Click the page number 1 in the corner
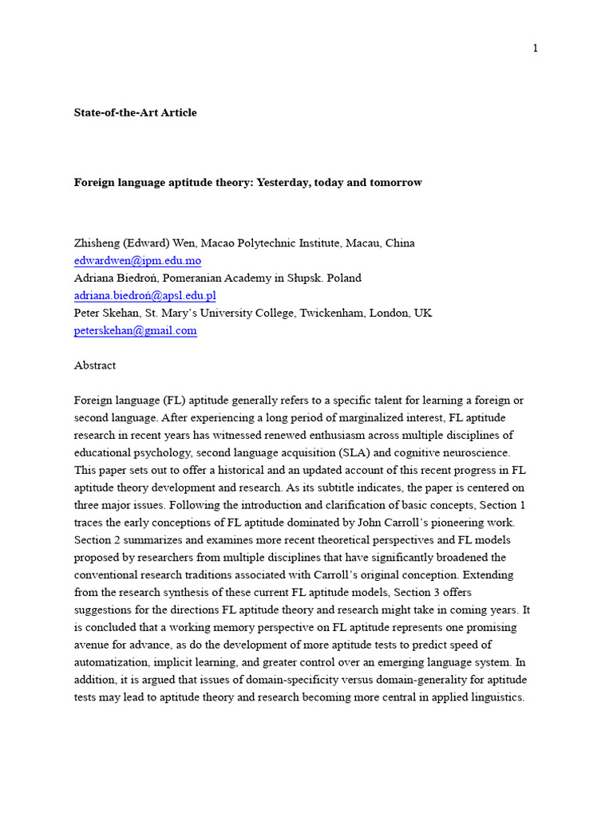(536, 48)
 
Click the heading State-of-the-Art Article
(135, 112)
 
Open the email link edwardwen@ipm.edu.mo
(137, 261)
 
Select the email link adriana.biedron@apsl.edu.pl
(144, 296)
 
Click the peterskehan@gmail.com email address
(135, 330)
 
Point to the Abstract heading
(95, 365)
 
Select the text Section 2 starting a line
(97, 539)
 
